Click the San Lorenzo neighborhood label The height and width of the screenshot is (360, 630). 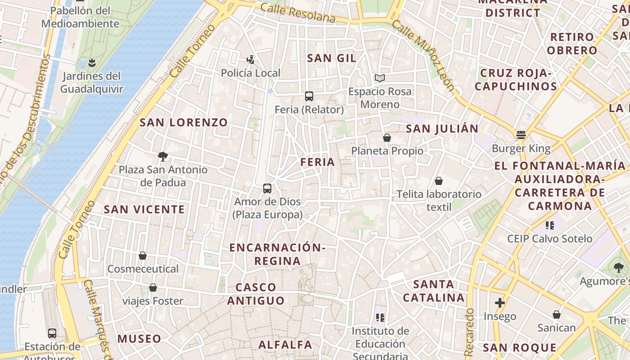point(184,122)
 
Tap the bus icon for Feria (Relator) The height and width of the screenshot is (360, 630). point(309,96)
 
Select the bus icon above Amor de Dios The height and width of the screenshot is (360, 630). point(267,189)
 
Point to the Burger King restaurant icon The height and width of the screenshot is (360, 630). point(521,135)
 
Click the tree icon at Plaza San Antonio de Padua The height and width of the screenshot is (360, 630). point(163,157)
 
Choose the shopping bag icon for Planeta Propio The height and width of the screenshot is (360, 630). point(387,138)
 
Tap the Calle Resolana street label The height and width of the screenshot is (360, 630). point(298,13)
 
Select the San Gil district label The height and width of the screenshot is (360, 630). point(332,58)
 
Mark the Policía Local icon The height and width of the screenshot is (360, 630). point(250,59)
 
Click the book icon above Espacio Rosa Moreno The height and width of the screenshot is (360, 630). point(380,78)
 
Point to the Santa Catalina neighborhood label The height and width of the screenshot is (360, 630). point(433,291)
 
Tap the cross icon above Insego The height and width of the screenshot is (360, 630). point(499,303)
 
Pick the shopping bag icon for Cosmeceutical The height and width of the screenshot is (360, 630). point(143,256)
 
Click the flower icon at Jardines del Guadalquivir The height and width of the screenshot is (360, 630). point(92,62)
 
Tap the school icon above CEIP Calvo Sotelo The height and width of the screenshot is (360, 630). point(549,225)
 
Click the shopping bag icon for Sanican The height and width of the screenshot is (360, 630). point(557,314)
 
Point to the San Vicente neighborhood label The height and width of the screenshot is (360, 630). point(144,209)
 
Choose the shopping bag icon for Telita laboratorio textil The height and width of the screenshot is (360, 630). point(439,181)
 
